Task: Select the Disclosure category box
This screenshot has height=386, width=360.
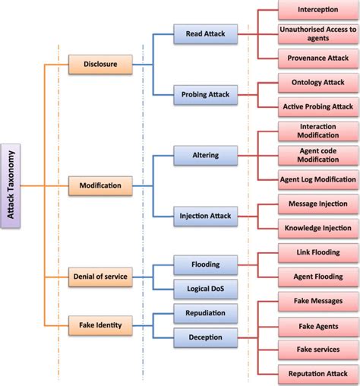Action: [99, 65]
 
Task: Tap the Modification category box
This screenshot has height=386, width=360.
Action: [100, 185]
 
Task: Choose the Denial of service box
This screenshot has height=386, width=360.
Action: [99, 277]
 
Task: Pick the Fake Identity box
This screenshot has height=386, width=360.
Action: [99, 325]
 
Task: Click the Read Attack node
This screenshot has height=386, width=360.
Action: [200, 33]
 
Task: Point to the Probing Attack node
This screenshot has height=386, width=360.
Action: [200, 96]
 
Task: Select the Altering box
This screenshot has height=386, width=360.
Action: [200, 155]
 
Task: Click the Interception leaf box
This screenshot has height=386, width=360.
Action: [317, 11]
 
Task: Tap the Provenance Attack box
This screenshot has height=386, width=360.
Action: [317, 58]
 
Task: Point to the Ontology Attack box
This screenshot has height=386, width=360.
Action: [317, 82]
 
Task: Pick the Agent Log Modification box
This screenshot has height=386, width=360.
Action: [317, 179]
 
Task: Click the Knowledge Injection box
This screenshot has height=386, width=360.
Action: [317, 228]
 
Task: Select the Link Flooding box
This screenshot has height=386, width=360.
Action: [317, 252]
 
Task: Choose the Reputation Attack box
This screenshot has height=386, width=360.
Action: [317, 373]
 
